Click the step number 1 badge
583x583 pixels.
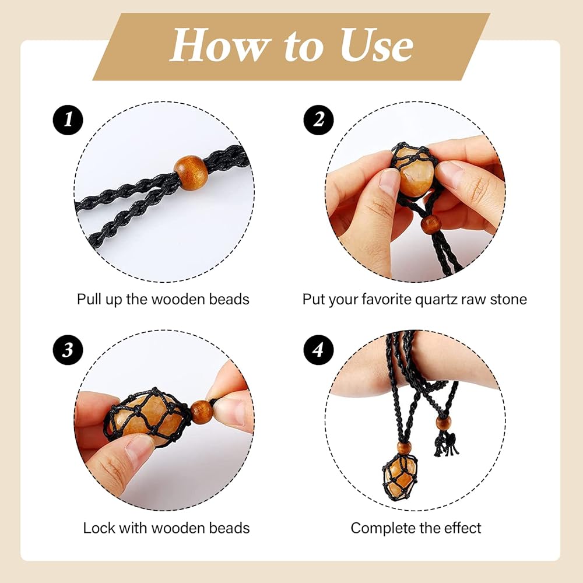click(68, 120)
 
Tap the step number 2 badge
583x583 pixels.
click(319, 120)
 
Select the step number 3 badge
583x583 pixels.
click(68, 349)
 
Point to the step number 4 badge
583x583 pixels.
click(319, 349)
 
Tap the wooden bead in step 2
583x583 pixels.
click(431, 224)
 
